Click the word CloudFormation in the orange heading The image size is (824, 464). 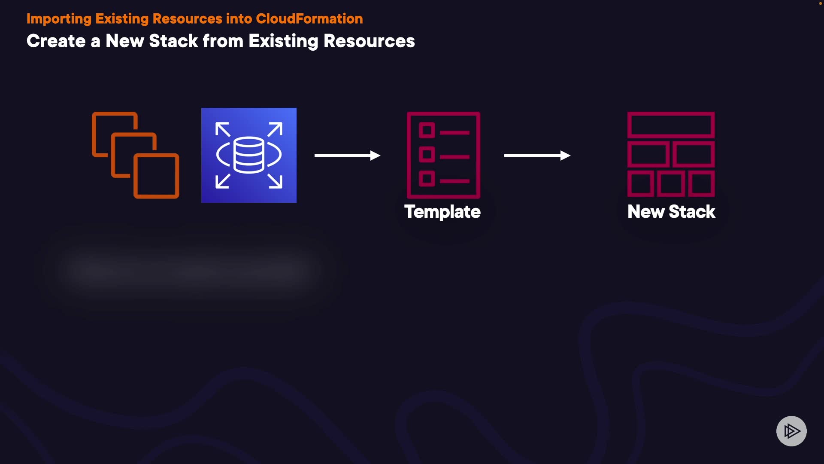click(x=309, y=19)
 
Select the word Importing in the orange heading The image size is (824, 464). click(x=59, y=19)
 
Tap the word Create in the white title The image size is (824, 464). click(x=56, y=41)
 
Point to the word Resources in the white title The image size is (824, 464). click(x=369, y=41)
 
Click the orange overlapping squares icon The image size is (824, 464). click(x=135, y=155)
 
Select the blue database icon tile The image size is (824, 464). click(x=249, y=155)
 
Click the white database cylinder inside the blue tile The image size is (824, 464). click(x=249, y=155)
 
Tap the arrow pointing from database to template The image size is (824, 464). click(x=347, y=155)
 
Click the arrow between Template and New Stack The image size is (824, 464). click(x=537, y=155)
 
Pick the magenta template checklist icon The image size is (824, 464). click(x=443, y=155)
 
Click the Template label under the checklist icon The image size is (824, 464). click(x=442, y=212)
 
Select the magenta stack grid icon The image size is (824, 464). click(x=671, y=154)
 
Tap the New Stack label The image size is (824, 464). click(x=671, y=212)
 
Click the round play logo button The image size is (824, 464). click(x=791, y=431)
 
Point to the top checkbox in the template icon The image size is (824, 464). click(x=427, y=130)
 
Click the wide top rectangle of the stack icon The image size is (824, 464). click(x=671, y=125)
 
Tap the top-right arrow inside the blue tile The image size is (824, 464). click(x=275, y=129)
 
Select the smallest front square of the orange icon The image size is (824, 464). click(x=157, y=176)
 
